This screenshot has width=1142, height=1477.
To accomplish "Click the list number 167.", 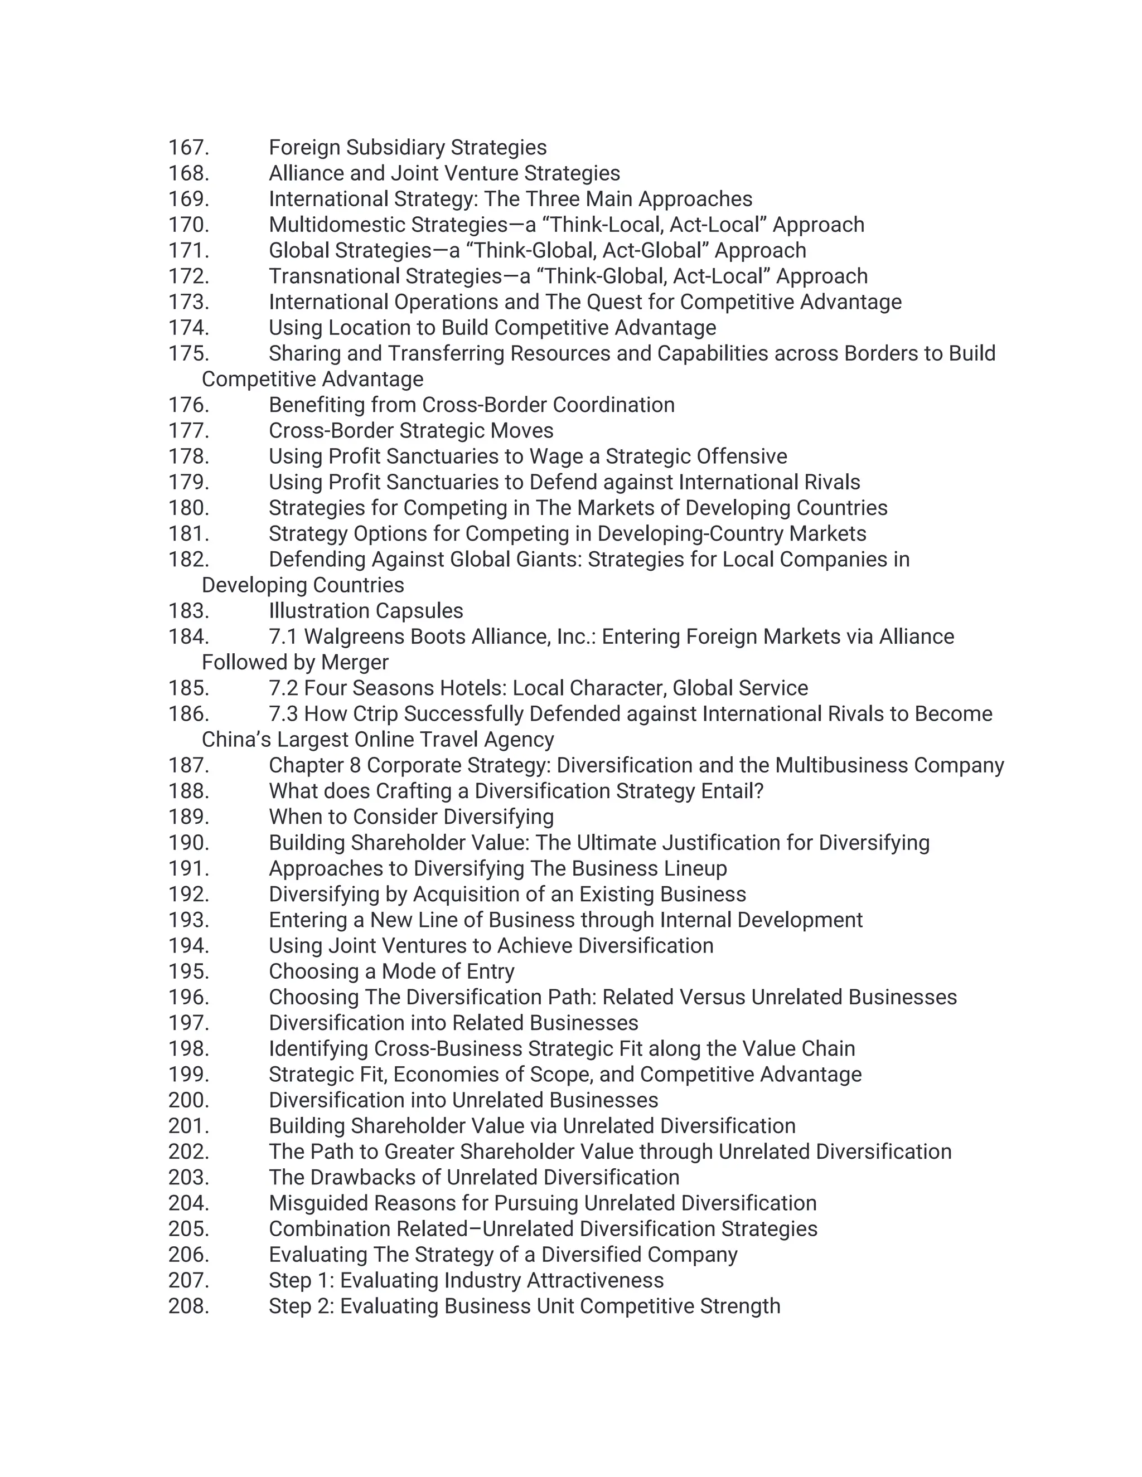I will (188, 148).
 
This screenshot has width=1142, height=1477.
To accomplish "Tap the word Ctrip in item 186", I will (375, 713).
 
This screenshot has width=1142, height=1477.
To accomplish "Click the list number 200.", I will (188, 1100).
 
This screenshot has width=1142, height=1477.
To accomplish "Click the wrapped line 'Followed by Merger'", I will (295, 662).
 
